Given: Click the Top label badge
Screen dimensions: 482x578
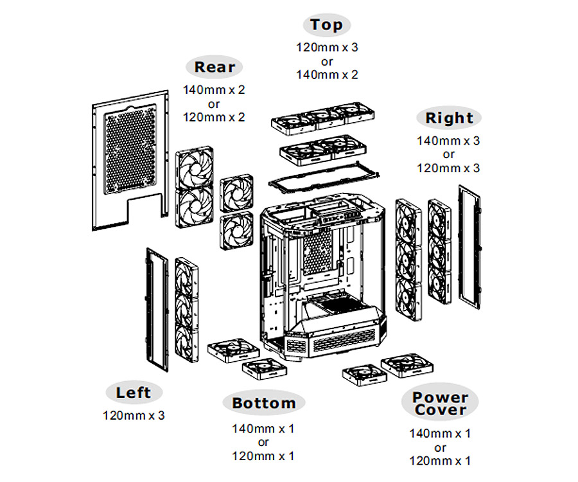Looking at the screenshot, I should pos(327,26).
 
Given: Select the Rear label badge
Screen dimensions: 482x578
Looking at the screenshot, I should pos(215,67).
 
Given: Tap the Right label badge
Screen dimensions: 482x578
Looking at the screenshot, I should pos(449,118).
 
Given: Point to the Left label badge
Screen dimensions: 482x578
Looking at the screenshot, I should pos(134,393).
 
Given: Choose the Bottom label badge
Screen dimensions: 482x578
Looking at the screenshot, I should pos(263,404).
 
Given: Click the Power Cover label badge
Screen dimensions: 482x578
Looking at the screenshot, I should pos(440,404).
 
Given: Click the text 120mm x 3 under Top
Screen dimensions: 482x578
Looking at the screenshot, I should pos(327,48).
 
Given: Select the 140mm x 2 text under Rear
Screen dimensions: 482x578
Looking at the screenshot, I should pos(214,90).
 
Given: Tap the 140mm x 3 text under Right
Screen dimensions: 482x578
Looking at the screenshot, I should pos(448,140).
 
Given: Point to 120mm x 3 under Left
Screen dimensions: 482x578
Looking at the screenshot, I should pos(134,415).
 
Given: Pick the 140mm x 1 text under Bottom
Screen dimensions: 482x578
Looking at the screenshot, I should pos(263,428).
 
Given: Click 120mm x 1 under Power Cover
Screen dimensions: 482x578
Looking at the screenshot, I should pos(440,461).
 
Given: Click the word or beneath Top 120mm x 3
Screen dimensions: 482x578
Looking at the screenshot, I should pos(327,62).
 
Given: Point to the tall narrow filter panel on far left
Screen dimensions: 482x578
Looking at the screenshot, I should pos(157,308).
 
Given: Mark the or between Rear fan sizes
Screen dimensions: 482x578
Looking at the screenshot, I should pos(214,104).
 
